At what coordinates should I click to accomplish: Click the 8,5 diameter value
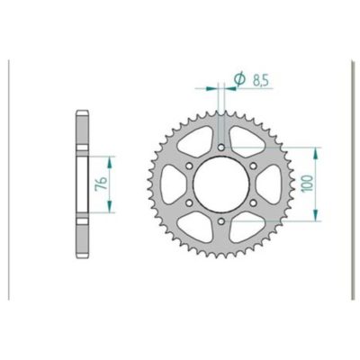(x=259, y=82)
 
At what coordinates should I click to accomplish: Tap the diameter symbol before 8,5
(x=239, y=81)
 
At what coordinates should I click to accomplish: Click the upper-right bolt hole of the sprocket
(x=257, y=164)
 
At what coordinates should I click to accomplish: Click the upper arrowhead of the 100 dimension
(x=316, y=147)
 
